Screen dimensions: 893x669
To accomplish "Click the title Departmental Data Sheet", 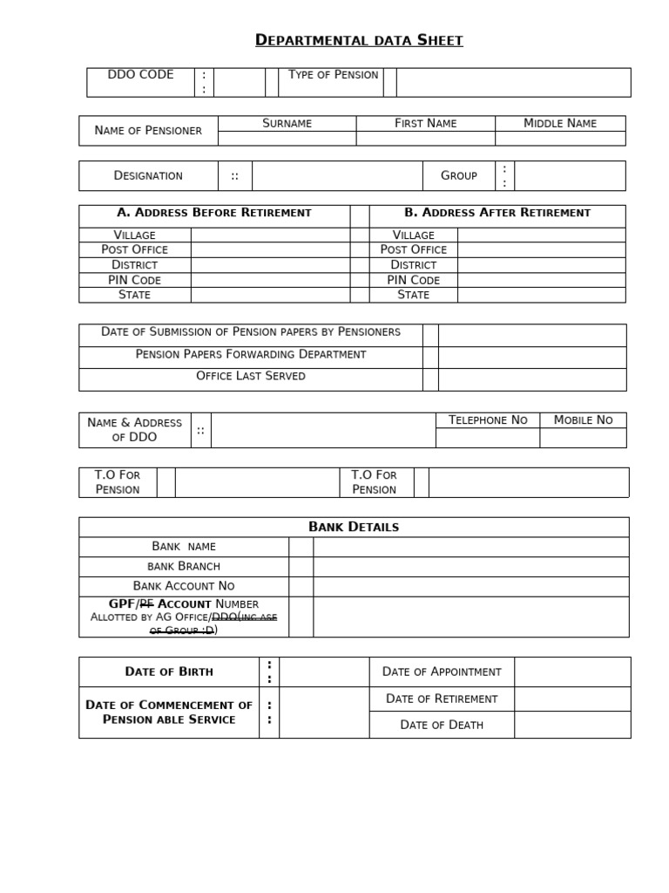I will tap(359, 40).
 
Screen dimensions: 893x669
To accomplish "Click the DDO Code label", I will tap(140, 75).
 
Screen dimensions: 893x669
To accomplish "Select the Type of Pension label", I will tap(333, 75).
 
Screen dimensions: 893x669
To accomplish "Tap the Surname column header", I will tap(287, 124).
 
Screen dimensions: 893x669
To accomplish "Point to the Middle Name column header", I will tap(559, 124).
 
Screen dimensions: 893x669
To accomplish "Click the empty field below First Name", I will tap(425, 139).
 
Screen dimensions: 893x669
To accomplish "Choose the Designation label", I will tap(148, 176).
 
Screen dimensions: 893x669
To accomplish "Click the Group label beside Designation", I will tap(458, 176).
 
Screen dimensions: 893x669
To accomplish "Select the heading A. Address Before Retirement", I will tap(213, 213).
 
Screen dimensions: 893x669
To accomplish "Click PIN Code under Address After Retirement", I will tap(413, 280).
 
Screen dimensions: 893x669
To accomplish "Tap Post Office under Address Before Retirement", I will tap(134, 249).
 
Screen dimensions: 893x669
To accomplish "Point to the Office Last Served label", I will tap(251, 377).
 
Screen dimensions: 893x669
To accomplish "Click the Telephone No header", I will tap(487, 420).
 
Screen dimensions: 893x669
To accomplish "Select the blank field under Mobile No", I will tap(583, 438).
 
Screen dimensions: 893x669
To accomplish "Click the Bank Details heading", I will tap(354, 527).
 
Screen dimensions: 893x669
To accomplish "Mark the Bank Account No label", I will tap(183, 586).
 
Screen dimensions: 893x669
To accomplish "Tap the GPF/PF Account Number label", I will tap(183, 604).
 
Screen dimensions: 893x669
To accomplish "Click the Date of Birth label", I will tap(169, 672).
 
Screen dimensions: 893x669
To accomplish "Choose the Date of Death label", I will tap(441, 725).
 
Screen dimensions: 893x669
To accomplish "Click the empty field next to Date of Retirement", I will tap(571, 699).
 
